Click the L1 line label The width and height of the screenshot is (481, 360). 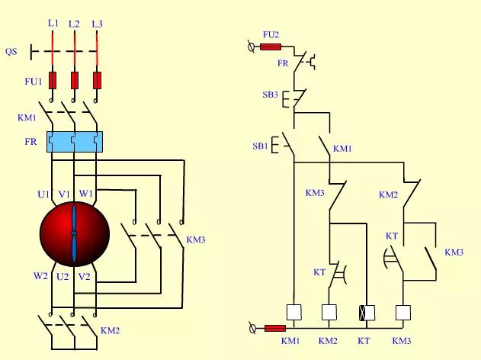tap(53, 24)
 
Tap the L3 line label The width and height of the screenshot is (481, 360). tap(97, 24)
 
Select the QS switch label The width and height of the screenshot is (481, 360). tap(11, 52)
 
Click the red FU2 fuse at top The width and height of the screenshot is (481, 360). tap(271, 47)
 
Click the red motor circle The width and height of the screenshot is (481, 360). tap(74, 232)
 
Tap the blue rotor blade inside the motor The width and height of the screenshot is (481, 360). tap(74, 232)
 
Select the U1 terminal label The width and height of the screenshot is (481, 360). tap(43, 194)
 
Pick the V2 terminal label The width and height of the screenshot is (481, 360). tap(85, 276)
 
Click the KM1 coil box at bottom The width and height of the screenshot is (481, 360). tap(293, 312)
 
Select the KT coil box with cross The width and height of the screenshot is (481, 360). tap(367, 312)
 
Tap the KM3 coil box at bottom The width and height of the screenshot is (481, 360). tap(403, 312)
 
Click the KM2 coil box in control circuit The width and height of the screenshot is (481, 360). tap(329, 312)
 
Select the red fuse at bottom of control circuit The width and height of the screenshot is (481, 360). tap(275, 328)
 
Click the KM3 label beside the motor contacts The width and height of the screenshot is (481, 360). tap(196, 240)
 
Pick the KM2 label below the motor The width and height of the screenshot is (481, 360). tap(111, 332)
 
